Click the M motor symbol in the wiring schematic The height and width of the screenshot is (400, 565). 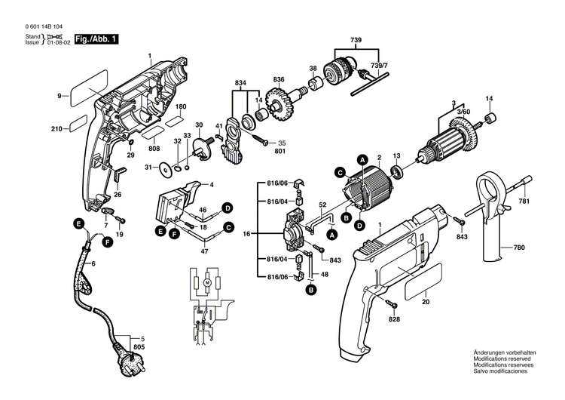(x=204, y=281)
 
